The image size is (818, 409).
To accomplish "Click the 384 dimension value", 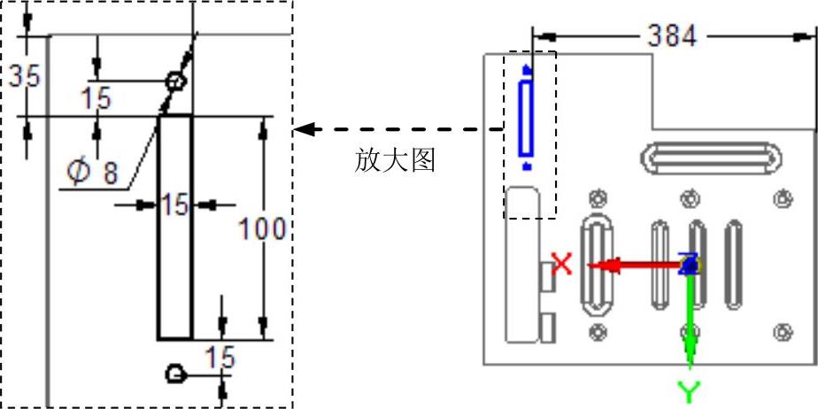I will [x=672, y=35].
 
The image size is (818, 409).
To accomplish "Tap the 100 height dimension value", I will [x=262, y=229].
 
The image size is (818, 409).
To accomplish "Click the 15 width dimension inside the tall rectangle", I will [x=174, y=205].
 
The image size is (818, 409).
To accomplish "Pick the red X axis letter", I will [x=562, y=263].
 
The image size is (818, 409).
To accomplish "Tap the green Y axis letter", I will [x=689, y=390].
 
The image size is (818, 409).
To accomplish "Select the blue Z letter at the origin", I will [x=688, y=262].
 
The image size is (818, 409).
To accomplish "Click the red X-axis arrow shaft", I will [x=637, y=264].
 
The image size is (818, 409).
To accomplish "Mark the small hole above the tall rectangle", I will [x=176, y=82].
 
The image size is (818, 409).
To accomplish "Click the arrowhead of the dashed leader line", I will [x=303, y=129].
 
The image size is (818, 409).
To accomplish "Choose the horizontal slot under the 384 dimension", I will [x=712, y=159].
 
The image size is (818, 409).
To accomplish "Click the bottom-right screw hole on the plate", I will [x=782, y=332].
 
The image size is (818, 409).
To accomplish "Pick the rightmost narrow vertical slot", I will [x=733, y=265].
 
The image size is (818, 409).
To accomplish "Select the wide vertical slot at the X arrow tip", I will [x=595, y=265].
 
